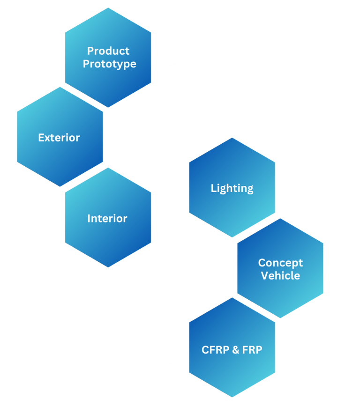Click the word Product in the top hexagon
(108, 51)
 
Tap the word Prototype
(109, 64)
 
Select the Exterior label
(59, 138)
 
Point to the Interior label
(107, 218)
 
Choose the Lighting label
(232, 188)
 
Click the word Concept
(280, 263)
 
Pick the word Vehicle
(280, 275)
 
